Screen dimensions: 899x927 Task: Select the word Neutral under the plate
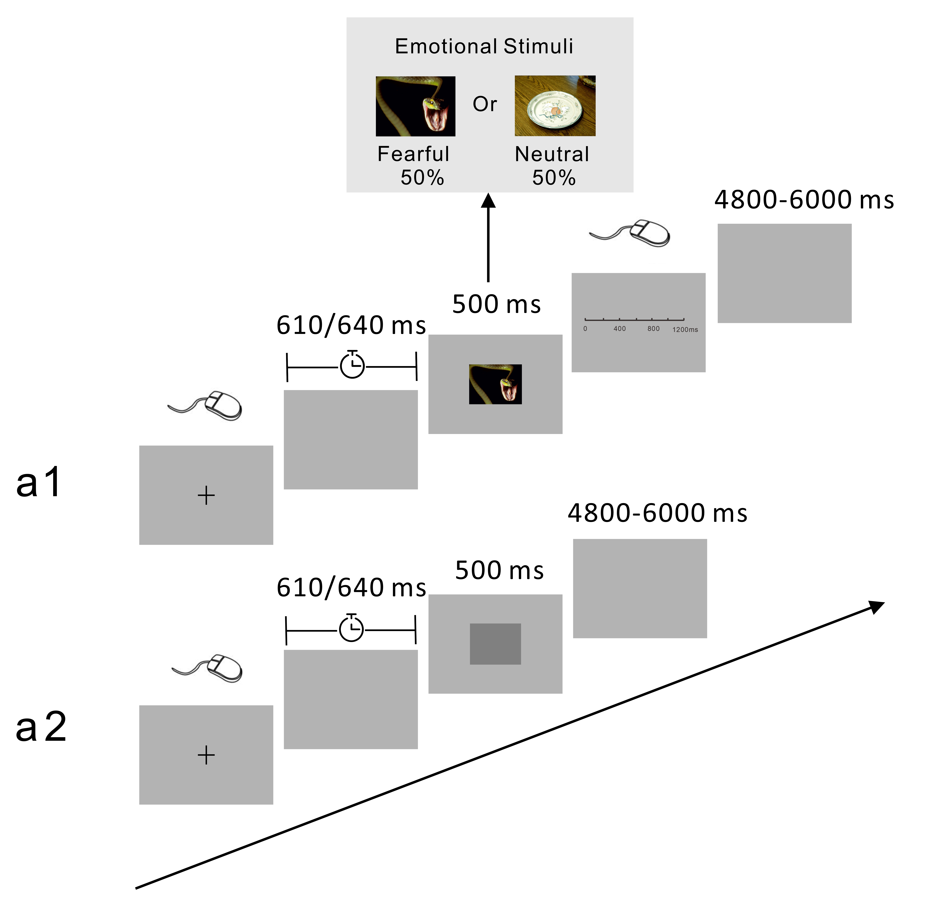pyautogui.click(x=552, y=154)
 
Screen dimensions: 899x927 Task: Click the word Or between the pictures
pyautogui.click(x=485, y=104)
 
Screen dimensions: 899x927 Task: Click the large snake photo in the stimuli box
pyautogui.click(x=415, y=106)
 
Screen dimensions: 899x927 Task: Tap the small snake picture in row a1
pyautogui.click(x=495, y=384)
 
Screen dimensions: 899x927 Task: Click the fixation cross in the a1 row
pyautogui.click(x=206, y=496)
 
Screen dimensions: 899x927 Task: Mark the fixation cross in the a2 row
pyautogui.click(x=206, y=755)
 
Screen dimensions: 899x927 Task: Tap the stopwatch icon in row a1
pyautogui.click(x=352, y=365)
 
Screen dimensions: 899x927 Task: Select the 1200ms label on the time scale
pyautogui.click(x=685, y=330)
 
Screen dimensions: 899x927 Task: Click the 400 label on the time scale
pyautogui.click(x=620, y=329)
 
